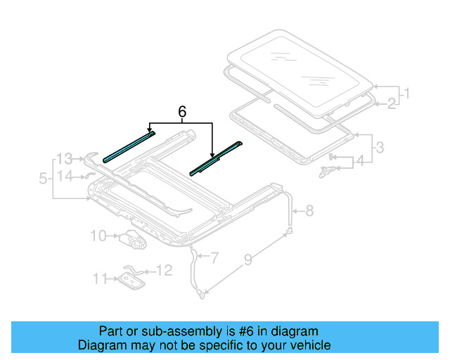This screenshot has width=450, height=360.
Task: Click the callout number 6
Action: (182, 112)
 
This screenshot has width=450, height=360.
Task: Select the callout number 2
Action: (391, 105)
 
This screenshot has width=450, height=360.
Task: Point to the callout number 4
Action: (359, 162)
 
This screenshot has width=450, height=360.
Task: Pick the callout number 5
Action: (44, 180)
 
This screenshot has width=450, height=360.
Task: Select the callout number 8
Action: (309, 210)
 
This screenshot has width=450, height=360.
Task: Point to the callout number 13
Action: (65, 157)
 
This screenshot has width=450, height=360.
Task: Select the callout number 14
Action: (65, 176)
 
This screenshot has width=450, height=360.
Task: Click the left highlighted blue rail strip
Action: (129, 145)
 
